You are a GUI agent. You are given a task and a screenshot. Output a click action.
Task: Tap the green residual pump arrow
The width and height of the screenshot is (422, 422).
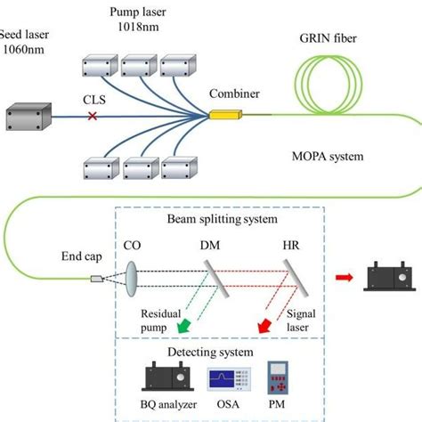tap(183, 329)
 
